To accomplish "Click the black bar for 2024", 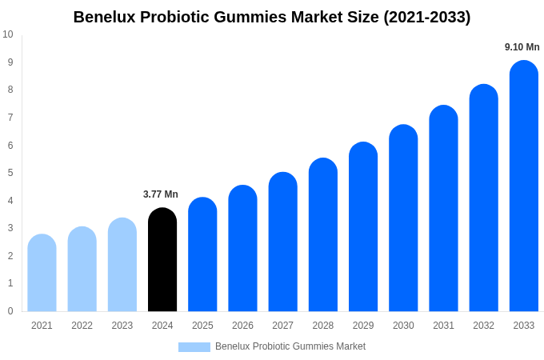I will (162, 260).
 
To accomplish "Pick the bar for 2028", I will (323, 235).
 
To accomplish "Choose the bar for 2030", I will (403, 218).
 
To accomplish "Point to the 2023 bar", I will (122, 265).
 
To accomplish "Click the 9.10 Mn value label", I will (522, 47).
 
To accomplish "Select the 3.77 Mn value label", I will (161, 194).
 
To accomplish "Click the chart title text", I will (272, 17).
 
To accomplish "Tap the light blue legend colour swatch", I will (194, 347).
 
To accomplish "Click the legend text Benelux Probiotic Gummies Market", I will (290, 346).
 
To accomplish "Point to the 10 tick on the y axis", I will (8, 34).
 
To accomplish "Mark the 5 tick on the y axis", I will (10, 173).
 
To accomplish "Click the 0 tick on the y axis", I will (10, 311).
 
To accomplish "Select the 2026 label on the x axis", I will (242, 326).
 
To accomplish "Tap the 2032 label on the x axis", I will (483, 326).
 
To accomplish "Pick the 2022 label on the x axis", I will (82, 326).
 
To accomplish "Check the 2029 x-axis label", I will (363, 326).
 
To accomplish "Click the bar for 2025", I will (202, 254).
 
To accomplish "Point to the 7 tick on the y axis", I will (10, 118).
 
